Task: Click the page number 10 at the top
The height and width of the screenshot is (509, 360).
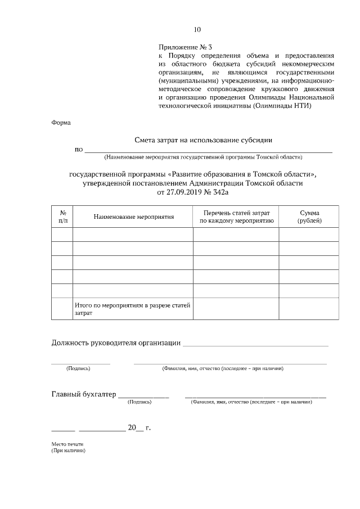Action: pos(196,30)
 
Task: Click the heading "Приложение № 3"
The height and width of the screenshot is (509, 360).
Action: pos(185,48)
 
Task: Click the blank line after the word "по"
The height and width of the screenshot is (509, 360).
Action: pos(208,150)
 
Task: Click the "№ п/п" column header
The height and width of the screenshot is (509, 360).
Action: pos(62,217)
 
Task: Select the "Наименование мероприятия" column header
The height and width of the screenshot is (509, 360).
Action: pos(133,217)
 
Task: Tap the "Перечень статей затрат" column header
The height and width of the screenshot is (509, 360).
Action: pos(236,217)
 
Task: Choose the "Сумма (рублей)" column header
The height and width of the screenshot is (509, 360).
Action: pos(309,217)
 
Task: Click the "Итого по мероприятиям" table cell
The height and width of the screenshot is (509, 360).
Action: pos(133,309)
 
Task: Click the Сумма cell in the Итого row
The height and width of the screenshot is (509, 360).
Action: pos(309,309)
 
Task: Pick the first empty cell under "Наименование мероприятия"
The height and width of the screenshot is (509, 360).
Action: pos(133,235)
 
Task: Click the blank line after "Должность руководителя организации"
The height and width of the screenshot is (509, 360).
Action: pos(255,344)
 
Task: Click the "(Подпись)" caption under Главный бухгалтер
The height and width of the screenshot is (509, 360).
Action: pos(139,403)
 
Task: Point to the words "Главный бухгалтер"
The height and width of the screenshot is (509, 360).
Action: pos(83,394)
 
